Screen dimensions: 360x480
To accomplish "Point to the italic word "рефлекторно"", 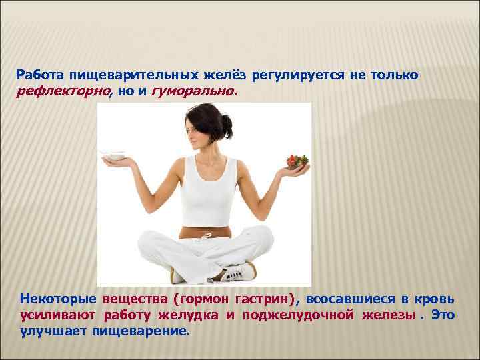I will (62, 93).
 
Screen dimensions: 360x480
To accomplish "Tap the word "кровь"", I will (437, 298).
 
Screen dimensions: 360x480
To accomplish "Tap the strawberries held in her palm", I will (297, 161).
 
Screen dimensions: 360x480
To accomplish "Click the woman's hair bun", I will (227, 123).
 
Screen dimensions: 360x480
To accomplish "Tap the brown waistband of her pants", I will (203, 234).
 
